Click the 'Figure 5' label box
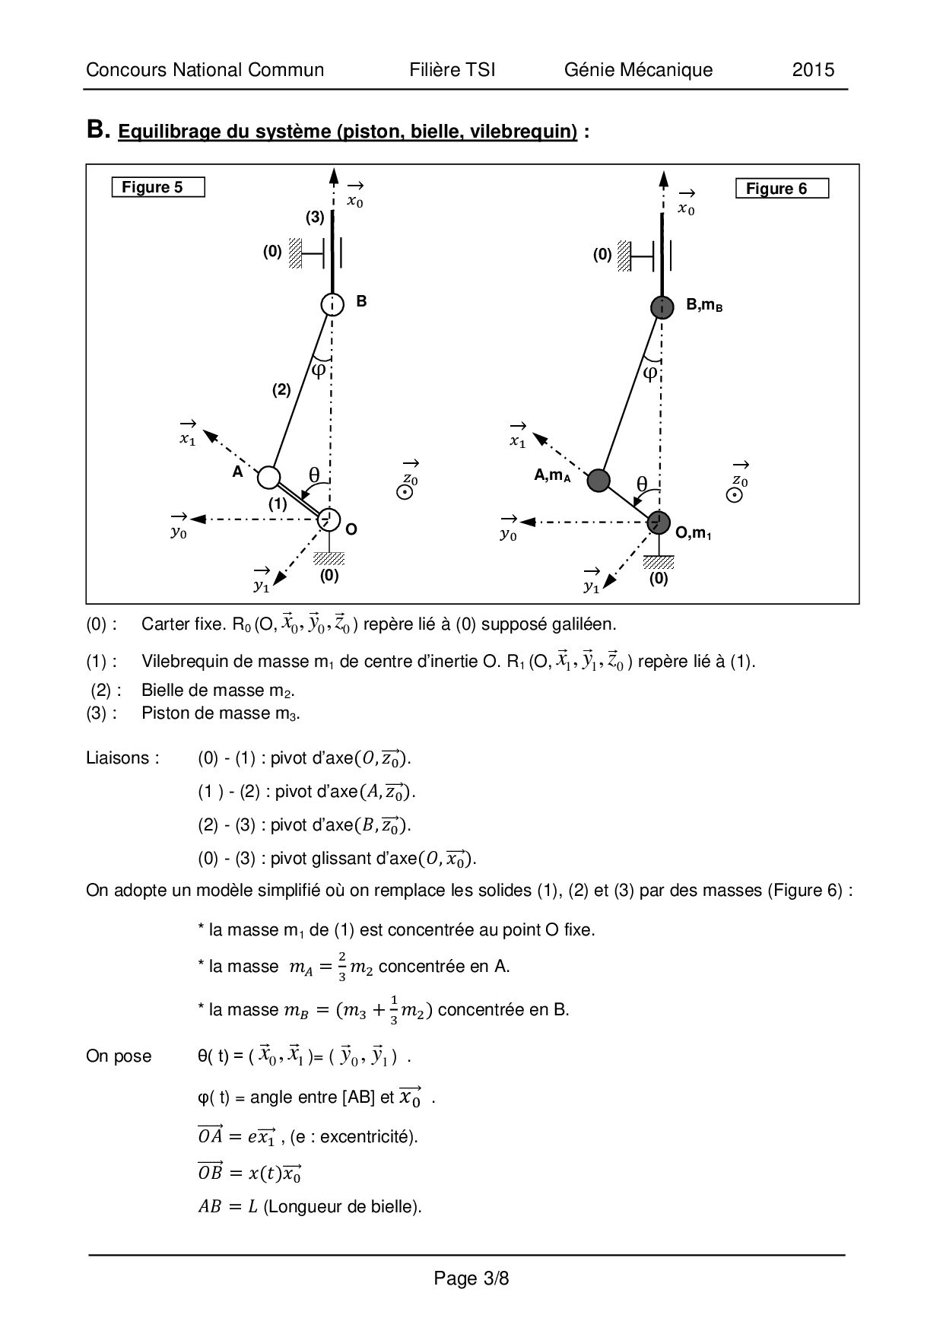[158, 187]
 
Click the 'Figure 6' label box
[782, 189]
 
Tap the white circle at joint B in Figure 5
[332, 304]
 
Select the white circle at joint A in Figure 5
[268, 478]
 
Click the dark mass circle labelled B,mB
[663, 307]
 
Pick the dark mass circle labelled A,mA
[599, 480]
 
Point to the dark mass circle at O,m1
[659, 523]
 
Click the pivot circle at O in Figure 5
[329, 519]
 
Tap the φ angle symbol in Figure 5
[319, 370]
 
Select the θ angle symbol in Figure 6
[642, 484]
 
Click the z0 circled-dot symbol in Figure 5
[406, 493]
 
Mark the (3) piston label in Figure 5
[315, 218]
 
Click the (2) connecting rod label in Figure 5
[281, 390]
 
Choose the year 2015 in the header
[813, 70]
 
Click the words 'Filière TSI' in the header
[452, 70]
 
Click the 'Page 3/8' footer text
[471, 1278]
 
